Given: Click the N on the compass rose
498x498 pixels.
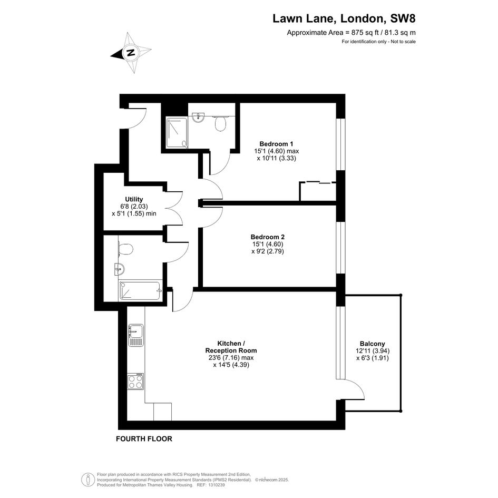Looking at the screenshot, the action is click(130, 52).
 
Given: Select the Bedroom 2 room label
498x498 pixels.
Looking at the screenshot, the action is click(267, 237).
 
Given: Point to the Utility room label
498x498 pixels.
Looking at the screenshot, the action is click(134, 199).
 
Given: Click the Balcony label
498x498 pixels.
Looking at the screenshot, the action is click(372, 344).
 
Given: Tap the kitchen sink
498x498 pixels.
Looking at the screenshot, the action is click(136, 335).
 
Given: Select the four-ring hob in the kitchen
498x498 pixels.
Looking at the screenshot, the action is click(135, 381).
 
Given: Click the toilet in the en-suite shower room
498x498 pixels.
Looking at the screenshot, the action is click(220, 123).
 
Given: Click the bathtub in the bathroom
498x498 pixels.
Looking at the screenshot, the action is click(140, 290).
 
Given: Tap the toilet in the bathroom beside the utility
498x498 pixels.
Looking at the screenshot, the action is click(125, 249).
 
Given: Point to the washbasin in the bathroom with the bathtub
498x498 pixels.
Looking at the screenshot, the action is click(119, 269).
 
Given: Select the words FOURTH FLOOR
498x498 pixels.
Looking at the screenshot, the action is click(144, 438).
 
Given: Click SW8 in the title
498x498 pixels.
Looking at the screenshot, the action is click(403, 18).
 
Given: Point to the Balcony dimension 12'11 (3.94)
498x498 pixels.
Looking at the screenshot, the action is click(373, 351).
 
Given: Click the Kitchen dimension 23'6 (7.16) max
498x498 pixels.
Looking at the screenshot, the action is click(231, 358).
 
